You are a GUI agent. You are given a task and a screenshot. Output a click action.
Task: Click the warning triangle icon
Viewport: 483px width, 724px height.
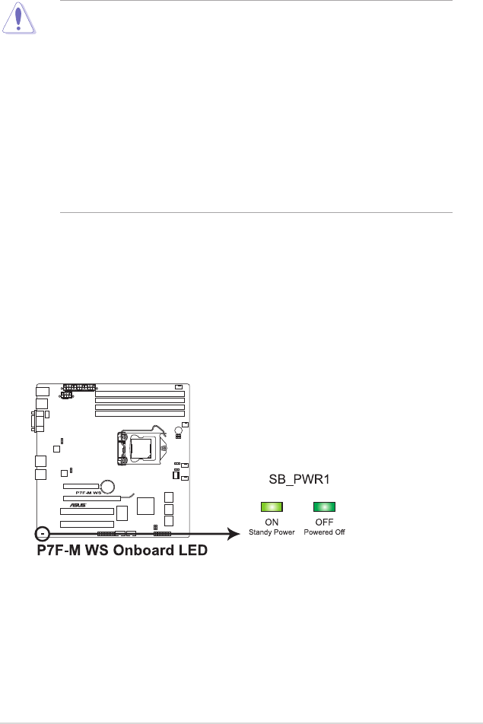(18, 18)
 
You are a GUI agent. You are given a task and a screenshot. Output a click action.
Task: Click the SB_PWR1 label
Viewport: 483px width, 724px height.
(299, 479)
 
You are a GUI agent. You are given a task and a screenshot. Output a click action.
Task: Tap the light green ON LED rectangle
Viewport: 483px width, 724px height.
(272, 506)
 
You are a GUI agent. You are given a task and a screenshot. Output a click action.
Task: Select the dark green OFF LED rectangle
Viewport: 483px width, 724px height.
(324, 506)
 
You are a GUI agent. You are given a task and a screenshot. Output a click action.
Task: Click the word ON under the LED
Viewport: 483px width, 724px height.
(272, 522)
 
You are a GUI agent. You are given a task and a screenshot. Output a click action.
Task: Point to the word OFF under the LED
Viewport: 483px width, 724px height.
(324, 522)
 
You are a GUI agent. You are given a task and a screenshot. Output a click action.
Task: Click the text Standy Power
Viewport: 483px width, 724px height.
(272, 532)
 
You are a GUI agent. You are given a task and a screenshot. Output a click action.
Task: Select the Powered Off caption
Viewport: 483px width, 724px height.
(324, 532)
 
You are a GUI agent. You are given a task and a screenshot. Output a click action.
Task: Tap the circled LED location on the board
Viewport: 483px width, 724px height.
(42, 534)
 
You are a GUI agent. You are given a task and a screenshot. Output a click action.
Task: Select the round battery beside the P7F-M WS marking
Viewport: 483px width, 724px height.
(109, 486)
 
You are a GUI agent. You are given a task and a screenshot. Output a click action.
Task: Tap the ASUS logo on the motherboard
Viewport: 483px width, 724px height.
(78, 505)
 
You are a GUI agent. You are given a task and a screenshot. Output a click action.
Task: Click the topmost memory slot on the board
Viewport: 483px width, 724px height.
(140, 394)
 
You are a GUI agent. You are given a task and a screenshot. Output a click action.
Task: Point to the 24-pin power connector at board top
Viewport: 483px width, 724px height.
(79, 386)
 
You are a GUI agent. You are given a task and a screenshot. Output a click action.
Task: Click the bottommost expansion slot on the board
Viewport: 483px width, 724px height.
(87, 524)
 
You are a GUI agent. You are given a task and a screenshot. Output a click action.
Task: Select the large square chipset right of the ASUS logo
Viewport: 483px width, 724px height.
(145, 506)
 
